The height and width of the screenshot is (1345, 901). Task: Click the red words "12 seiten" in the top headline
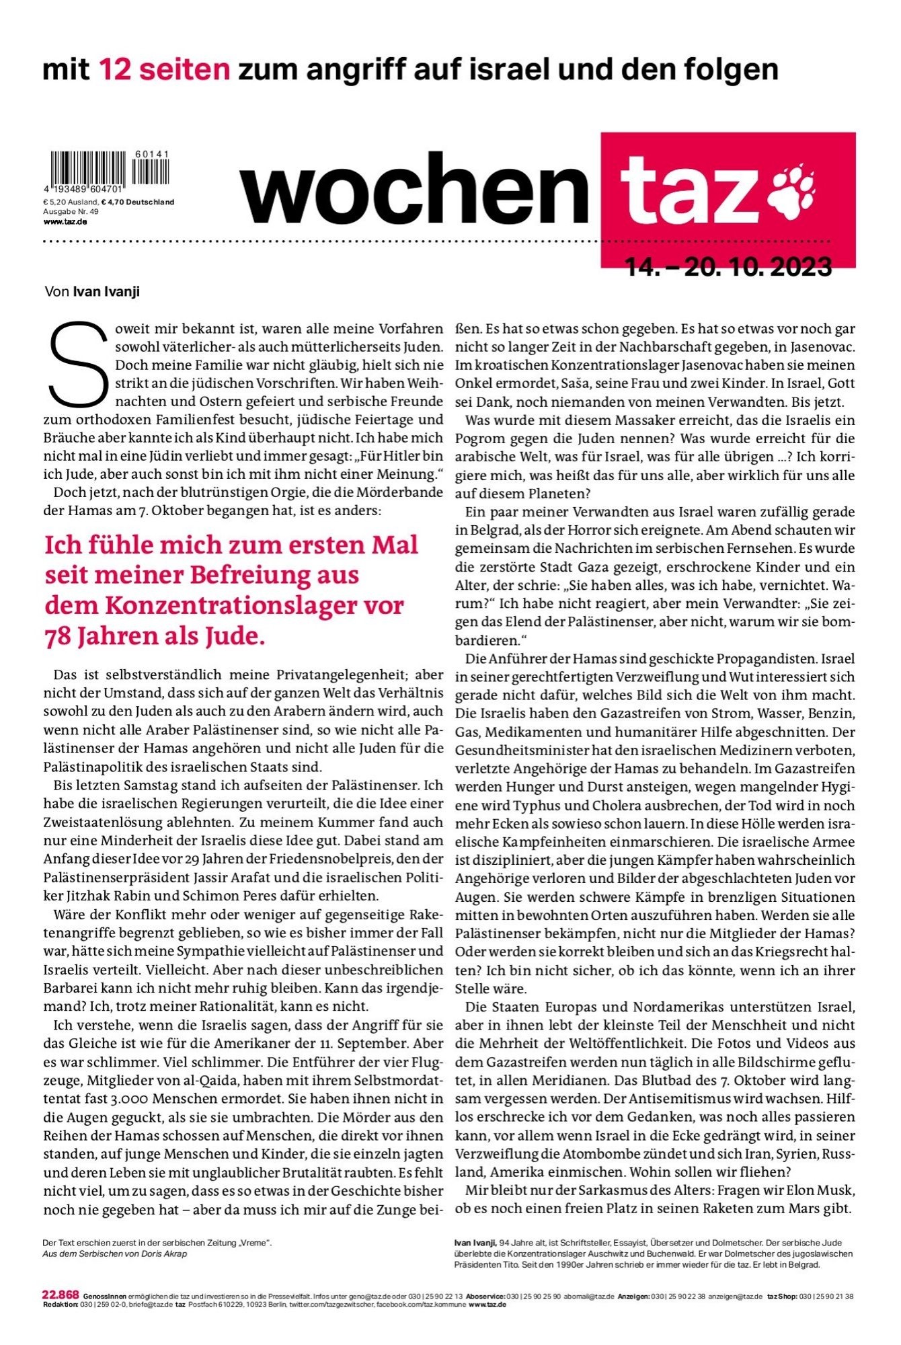(x=164, y=69)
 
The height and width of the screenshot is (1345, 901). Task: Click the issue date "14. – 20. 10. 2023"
(x=729, y=268)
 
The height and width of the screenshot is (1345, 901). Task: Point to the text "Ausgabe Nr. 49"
(x=71, y=211)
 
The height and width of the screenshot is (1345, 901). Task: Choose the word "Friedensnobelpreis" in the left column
(x=326, y=859)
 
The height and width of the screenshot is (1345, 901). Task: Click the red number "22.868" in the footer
(x=61, y=1295)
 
